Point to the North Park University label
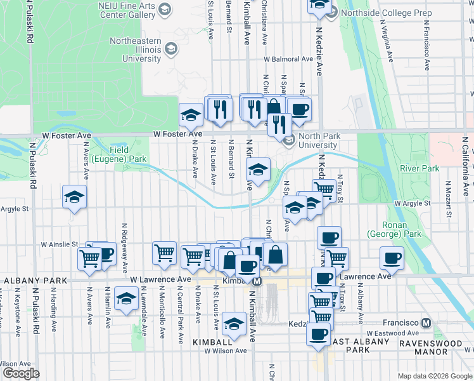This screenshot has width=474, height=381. click(319, 140)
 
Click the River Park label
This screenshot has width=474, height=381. click(420, 169)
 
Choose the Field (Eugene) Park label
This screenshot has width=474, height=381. click(119, 154)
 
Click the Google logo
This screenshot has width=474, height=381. click(21, 373)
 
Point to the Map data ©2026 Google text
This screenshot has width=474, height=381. click(434, 376)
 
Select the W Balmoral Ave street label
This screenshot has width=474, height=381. click(288, 59)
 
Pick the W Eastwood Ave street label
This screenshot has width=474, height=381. click(392, 333)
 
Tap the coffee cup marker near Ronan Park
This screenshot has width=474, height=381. click(391, 258)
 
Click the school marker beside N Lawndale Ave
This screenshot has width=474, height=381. click(127, 300)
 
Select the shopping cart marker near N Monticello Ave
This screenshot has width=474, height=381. click(164, 253)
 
